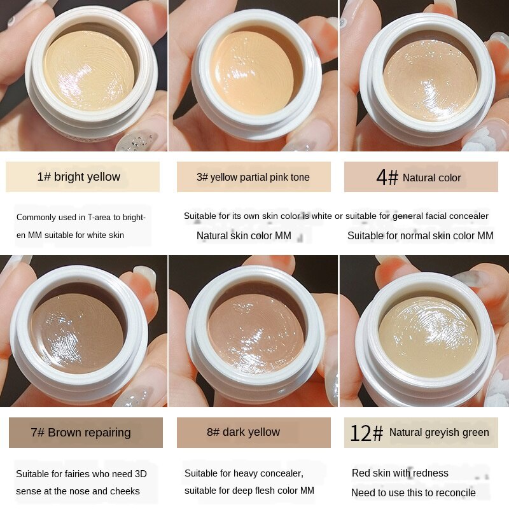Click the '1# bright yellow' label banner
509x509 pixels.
pyautogui.click(x=83, y=177)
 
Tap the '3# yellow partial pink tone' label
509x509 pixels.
pyautogui.click(x=253, y=178)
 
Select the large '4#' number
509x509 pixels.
pyautogui.click(x=387, y=178)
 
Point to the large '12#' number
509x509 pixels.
pyautogui.click(x=366, y=433)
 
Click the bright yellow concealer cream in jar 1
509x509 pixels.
pyautogui.click(x=89, y=71)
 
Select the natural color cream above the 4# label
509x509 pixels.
pyautogui.click(x=430, y=80)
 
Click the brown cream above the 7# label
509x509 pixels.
pyautogui.click(x=77, y=333)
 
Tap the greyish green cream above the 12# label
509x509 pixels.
pyautogui.click(x=428, y=337)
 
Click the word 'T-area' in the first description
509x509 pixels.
pyautogui.click(x=99, y=217)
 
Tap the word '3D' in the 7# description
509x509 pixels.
pyautogui.click(x=141, y=474)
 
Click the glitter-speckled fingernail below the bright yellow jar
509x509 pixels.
pyautogui.click(x=136, y=141)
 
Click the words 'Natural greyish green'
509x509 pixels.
pyautogui.click(x=439, y=433)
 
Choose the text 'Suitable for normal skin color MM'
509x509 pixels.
pyautogui.click(x=421, y=235)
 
